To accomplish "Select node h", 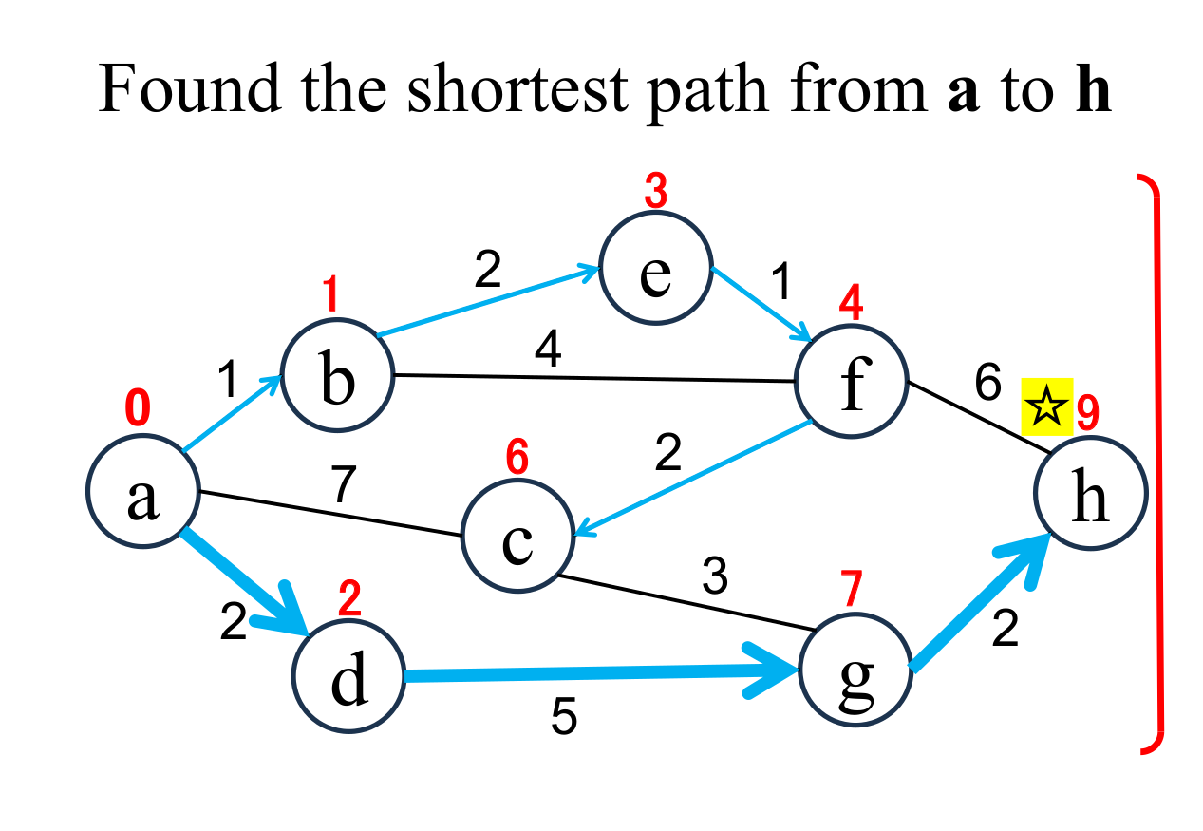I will point(1091,494).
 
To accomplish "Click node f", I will point(852,382).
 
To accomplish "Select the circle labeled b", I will point(336,375).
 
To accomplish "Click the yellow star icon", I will point(1045,408).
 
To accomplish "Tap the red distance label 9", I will point(1087,412).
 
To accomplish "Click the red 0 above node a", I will point(137,410).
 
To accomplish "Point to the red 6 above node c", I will point(517,459).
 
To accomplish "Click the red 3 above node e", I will point(655,192).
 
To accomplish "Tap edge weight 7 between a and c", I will point(344,485).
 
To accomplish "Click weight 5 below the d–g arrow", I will point(563,720).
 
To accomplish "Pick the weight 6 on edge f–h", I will point(987,384).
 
